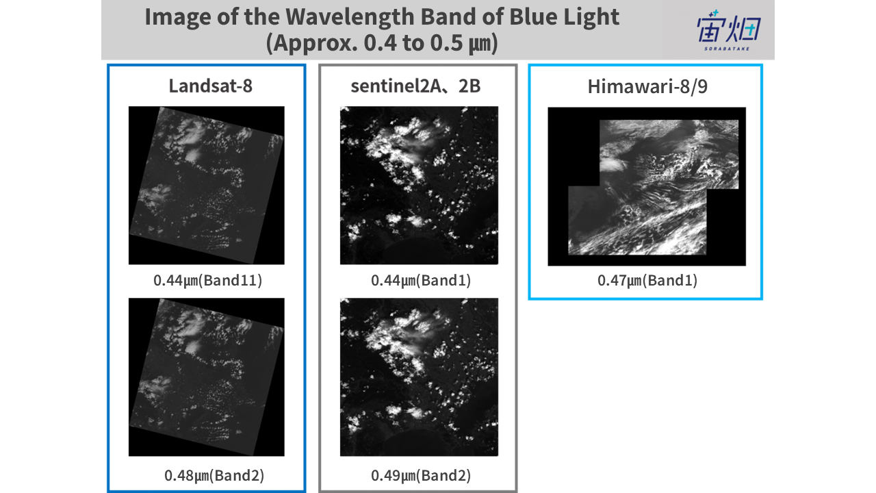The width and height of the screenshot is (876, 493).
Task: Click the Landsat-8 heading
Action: (210, 86)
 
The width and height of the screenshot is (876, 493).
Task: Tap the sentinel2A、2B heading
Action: (415, 86)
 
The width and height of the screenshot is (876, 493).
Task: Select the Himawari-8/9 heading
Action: (647, 86)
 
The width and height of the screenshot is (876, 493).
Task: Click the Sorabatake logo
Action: (728, 30)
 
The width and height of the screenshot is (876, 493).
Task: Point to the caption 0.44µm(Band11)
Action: (207, 281)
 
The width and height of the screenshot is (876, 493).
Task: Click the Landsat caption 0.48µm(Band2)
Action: (214, 475)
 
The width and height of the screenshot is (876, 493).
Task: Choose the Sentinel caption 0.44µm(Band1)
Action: (421, 281)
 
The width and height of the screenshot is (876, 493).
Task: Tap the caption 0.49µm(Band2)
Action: (421, 475)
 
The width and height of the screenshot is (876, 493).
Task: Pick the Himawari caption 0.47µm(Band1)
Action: (647, 281)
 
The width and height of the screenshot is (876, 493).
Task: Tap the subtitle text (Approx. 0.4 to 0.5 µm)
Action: (382, 43)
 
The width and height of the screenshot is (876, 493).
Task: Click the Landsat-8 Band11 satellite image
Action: (207, 185)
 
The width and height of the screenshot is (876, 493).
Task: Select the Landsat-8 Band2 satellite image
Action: (207, 377)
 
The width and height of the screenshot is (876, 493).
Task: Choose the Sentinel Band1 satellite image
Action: (419, 185)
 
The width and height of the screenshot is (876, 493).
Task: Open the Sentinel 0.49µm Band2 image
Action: (419, 377)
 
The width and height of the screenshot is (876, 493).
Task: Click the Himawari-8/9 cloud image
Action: (647, 187)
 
